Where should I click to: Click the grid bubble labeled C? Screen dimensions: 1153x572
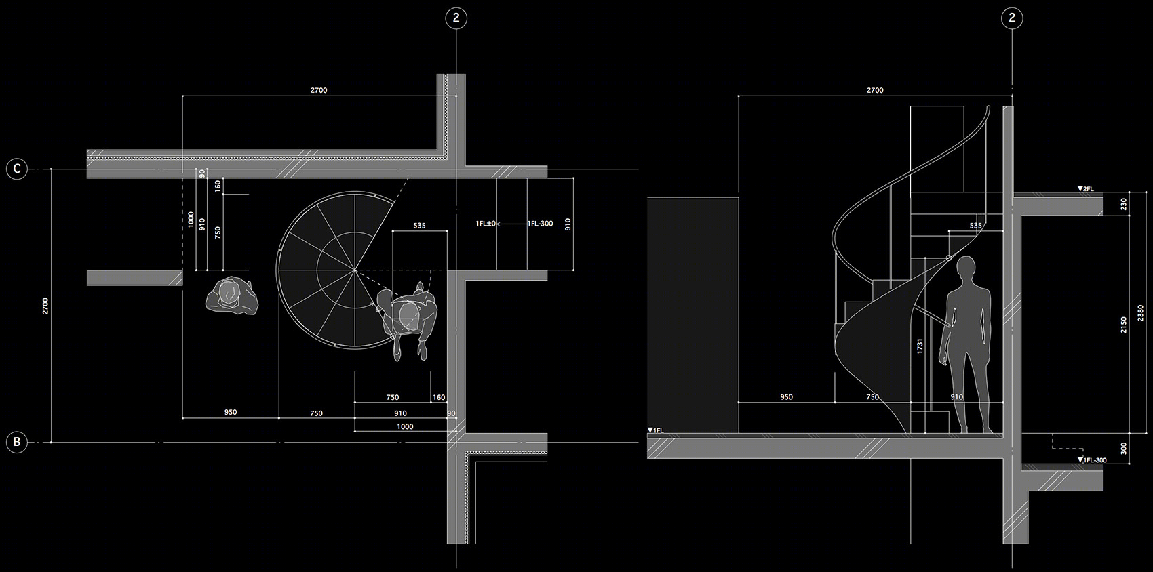[17, 169]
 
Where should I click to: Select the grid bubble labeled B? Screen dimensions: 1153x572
[17, 442]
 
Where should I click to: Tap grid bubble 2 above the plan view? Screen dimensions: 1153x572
[456, 18]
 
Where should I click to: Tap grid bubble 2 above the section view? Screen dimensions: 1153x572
[1012, 18]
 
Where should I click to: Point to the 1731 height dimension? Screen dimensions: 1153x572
[920, 346]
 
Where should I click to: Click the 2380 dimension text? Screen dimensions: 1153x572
[1141, 312]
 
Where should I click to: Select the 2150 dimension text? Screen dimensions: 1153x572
[1124, 325]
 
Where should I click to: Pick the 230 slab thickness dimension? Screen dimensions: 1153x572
[1124, 204]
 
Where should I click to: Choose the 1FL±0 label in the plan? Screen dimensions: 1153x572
[486, 224]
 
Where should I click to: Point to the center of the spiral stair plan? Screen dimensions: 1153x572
[355, 270]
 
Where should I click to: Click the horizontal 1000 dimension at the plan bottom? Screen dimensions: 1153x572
[405, 426]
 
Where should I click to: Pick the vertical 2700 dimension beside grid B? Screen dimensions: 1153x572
[45, 306]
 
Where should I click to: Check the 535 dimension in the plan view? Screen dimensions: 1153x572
[420, 225]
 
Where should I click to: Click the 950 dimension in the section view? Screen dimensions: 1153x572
[787, 396]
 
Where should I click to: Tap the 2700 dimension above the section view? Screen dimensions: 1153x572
[875, 90]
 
